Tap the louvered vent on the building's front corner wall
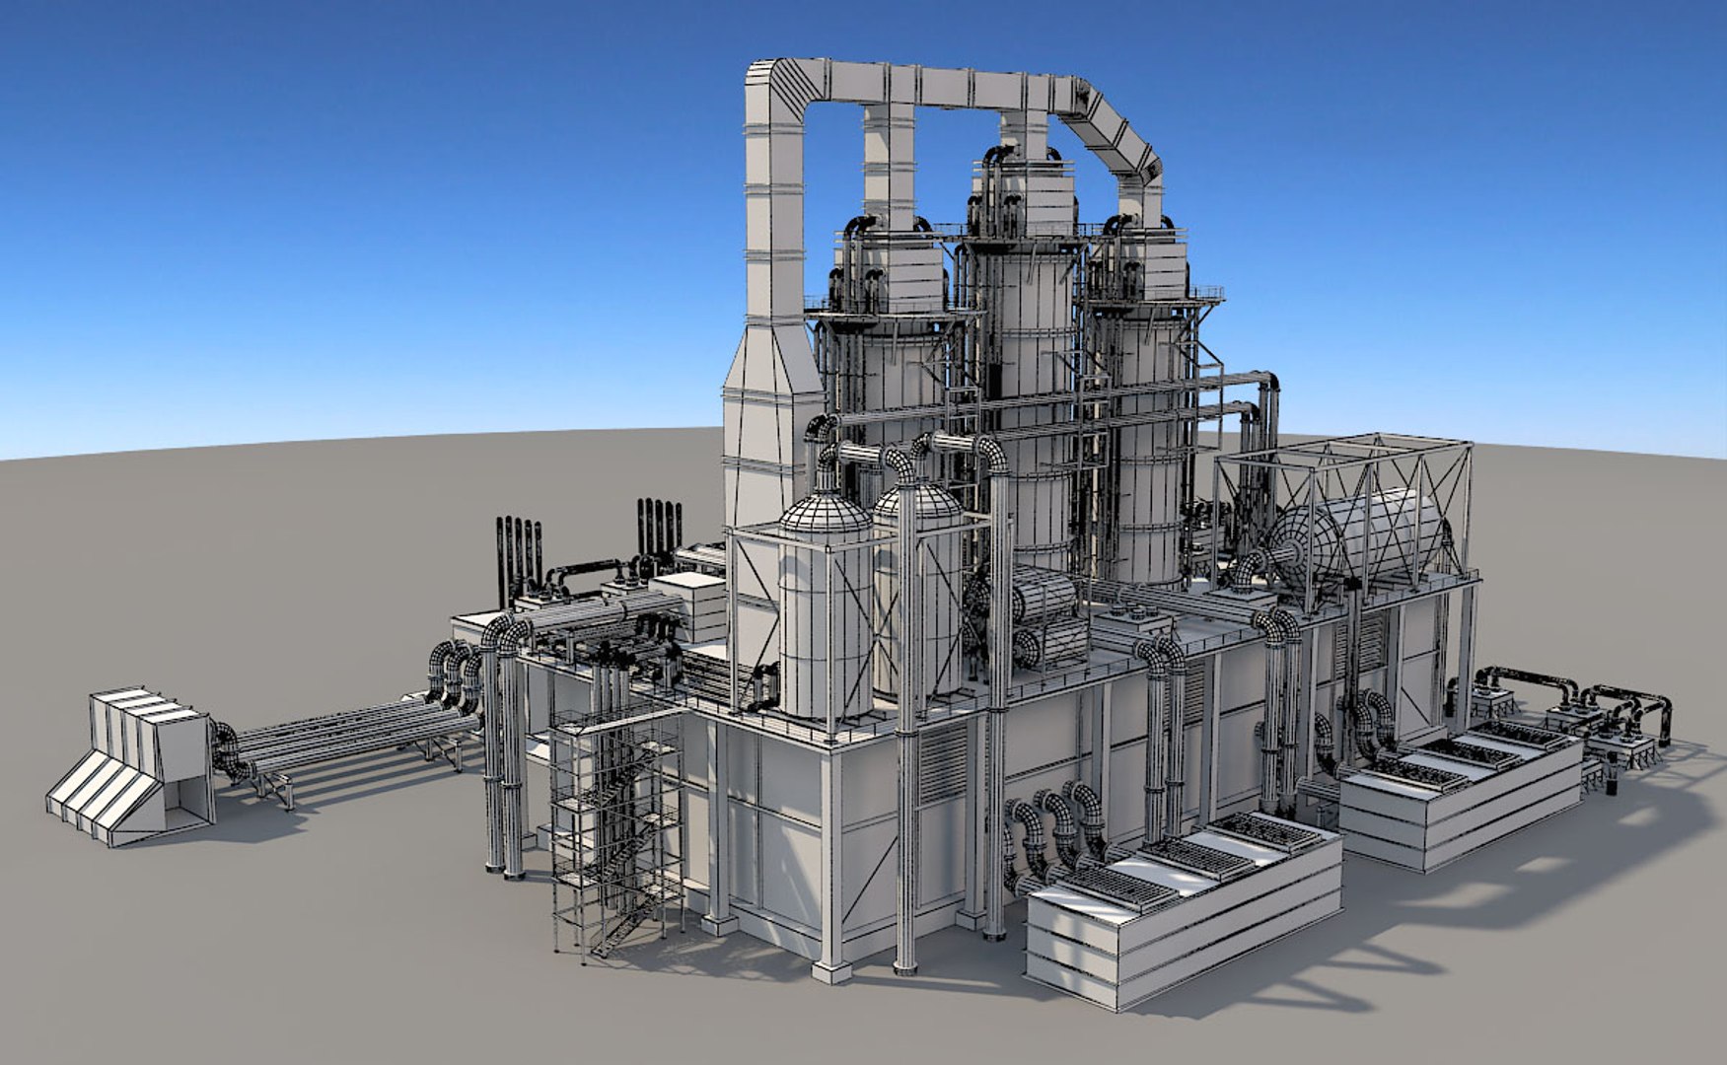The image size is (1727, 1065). [x=942, y=764]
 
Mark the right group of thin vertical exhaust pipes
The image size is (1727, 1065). [x=659, y=532]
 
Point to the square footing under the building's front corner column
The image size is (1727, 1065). [x=830, y=971]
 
